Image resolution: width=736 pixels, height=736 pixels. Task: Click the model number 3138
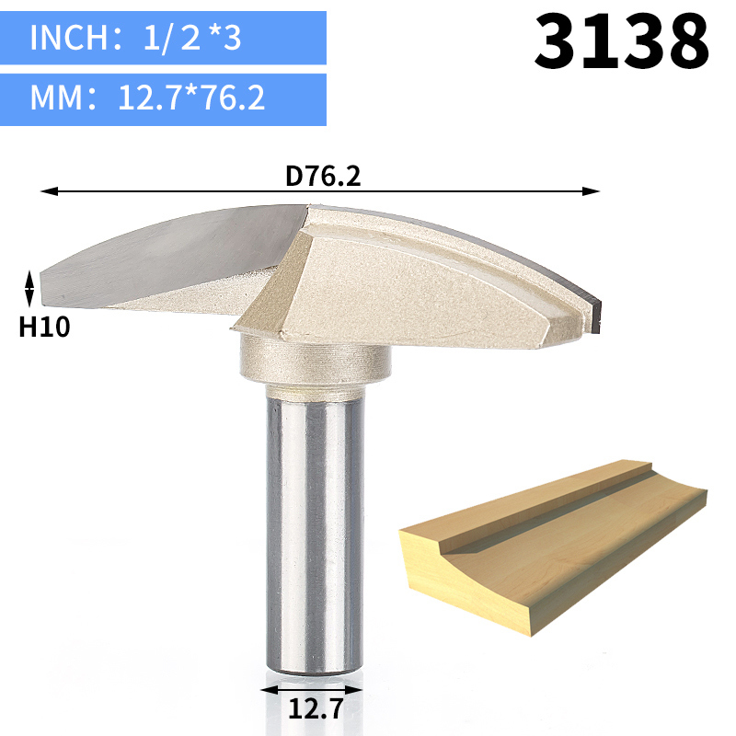tap(622, 40)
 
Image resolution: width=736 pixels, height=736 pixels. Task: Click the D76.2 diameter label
tap(321, 175)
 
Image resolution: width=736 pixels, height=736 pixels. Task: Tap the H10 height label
tap(44, 326)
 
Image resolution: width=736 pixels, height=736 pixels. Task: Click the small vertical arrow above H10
tap(29, 288)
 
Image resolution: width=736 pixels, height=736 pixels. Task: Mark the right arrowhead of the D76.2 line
tap(593, 191)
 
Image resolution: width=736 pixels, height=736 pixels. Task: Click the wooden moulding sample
tap(552, 552)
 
